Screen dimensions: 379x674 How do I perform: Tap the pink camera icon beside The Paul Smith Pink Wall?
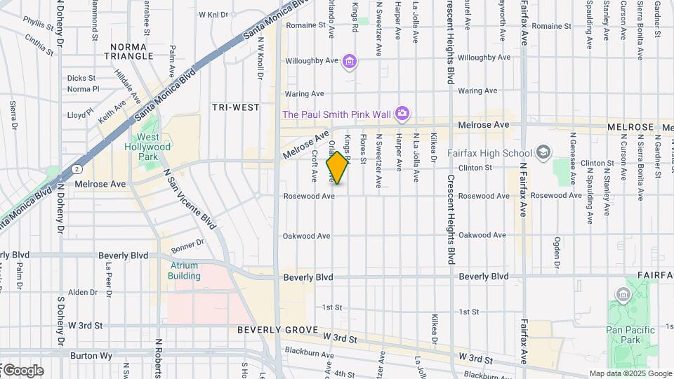click(402, 113)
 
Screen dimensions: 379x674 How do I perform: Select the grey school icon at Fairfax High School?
click(543, 152)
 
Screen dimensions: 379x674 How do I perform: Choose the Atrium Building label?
click(185, 271)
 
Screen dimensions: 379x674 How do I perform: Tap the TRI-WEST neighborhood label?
click(236, 107)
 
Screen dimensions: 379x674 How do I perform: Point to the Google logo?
click(22, 371)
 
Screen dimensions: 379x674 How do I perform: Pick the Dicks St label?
click(81, 78)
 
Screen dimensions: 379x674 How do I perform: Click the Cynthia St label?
click(39, 46)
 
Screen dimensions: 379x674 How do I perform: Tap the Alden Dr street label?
click(83, 292)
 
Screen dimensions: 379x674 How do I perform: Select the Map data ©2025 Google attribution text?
click(630, 373)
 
